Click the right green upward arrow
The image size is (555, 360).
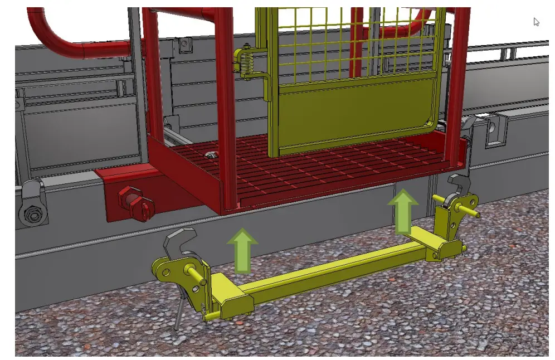click(403, 211)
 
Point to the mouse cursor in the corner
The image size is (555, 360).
click(536, 22)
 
